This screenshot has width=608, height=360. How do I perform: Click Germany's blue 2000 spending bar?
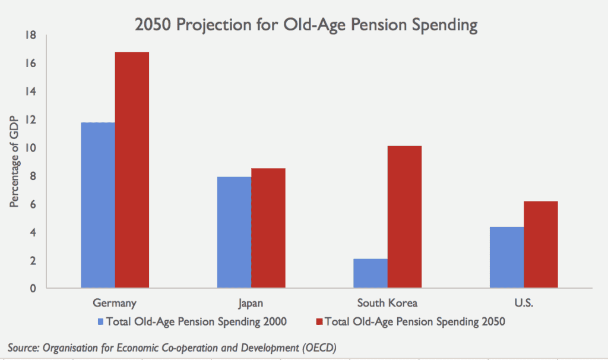click(97, 206)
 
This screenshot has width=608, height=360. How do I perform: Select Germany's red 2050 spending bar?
click(132, 170)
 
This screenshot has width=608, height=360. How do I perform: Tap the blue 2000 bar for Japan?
click(234, 232)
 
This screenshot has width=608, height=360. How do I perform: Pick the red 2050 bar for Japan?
click(268, 228)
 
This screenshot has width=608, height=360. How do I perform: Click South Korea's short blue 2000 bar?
click(370, 273)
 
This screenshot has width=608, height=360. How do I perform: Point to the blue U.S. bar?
click(506, 257)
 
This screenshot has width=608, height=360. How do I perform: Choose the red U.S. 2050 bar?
click(540, 245)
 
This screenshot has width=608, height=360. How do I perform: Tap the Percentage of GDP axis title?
click(14, 162)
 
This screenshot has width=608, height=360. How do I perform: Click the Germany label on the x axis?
click(115, 303)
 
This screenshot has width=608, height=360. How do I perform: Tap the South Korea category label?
click(387, 303)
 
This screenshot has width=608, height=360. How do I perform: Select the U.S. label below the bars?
click(524, 303)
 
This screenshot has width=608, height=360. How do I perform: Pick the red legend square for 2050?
click(319, 321)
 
